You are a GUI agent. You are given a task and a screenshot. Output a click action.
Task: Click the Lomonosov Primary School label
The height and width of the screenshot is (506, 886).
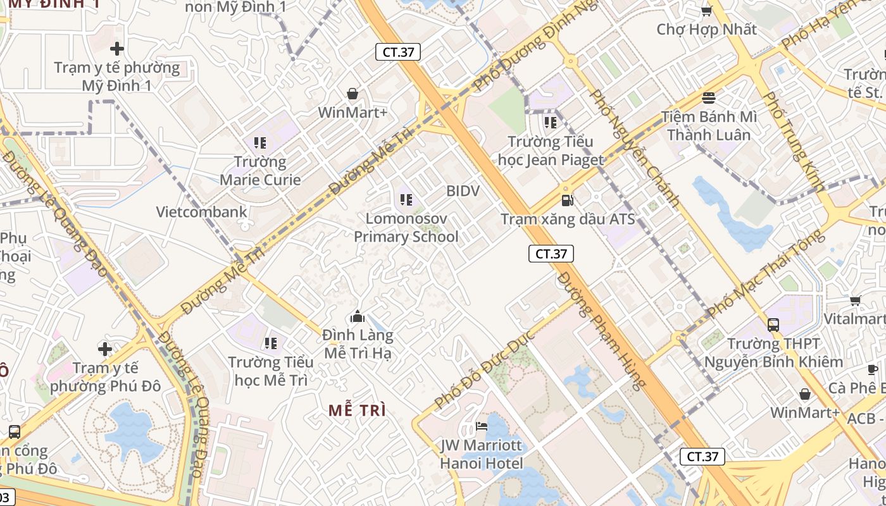[406, 228]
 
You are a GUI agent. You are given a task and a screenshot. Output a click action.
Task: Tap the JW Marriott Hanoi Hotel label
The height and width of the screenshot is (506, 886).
[482, 454]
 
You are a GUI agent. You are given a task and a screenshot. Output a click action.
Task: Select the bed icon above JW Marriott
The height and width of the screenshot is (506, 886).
[482, 426]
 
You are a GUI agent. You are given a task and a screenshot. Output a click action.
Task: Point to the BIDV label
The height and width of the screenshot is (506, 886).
[463, 191]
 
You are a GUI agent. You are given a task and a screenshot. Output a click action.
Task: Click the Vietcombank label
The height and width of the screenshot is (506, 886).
[202, 212]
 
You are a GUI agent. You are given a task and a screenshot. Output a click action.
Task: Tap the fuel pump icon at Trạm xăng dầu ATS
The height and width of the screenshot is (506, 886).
[568, 201]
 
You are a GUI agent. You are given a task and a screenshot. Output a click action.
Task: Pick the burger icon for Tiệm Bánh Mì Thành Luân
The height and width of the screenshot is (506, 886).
[709, 98]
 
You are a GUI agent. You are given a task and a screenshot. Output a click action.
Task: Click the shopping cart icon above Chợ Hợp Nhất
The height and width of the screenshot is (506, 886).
[706, 11]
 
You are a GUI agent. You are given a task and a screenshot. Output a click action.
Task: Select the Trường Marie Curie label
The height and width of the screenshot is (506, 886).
[260, 171]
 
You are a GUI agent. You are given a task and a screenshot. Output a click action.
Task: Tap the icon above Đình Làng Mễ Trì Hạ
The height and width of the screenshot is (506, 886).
[358, 316]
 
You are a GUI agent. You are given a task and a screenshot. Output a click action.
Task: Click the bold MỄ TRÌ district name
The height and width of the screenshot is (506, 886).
[358, 410]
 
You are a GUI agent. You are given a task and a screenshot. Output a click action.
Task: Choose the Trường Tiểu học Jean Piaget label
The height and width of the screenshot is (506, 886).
[551, 151]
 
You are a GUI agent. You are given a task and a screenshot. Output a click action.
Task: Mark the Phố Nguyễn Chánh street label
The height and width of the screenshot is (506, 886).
[634, 149]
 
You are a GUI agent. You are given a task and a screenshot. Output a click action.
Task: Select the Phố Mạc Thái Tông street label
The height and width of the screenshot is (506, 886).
[766, 274]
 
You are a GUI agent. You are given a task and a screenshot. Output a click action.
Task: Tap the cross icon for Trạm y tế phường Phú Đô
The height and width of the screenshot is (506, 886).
[105, 349]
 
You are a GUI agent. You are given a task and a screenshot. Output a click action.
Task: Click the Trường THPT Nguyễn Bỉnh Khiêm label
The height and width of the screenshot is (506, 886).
[773, 353]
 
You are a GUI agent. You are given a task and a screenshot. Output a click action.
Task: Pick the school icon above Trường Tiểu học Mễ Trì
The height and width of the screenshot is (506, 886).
[271, 343]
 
